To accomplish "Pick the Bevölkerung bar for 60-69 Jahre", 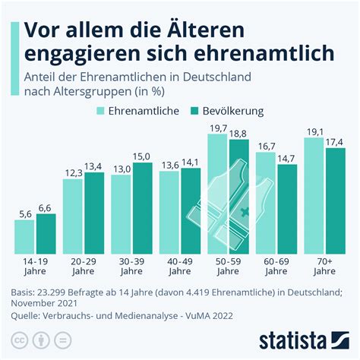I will (287, 209).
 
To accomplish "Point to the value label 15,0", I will (142, 156).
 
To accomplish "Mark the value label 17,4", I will (334, 142).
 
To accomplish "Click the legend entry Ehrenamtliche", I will (136, 111).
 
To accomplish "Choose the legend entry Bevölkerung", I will (228, 111).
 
